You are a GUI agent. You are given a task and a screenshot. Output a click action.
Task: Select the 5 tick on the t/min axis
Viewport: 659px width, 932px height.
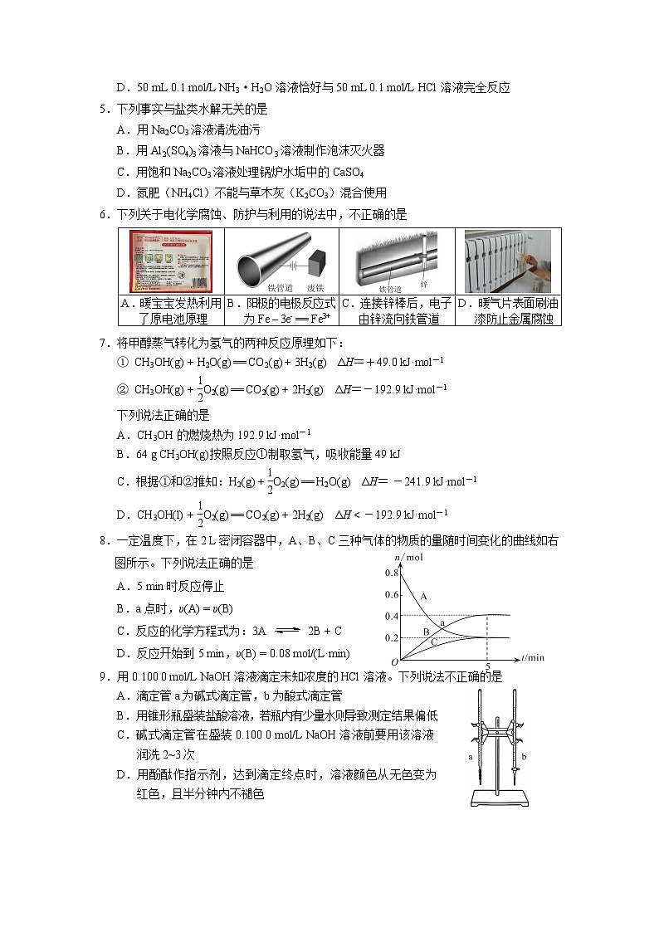coord(488,666)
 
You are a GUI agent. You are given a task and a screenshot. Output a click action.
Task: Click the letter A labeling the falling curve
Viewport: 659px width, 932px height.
coord(423,596)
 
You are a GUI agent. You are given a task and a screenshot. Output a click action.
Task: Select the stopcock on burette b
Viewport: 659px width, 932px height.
coord(516,771)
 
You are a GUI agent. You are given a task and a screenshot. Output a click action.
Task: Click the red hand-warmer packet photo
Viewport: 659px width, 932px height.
coord(170,261)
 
